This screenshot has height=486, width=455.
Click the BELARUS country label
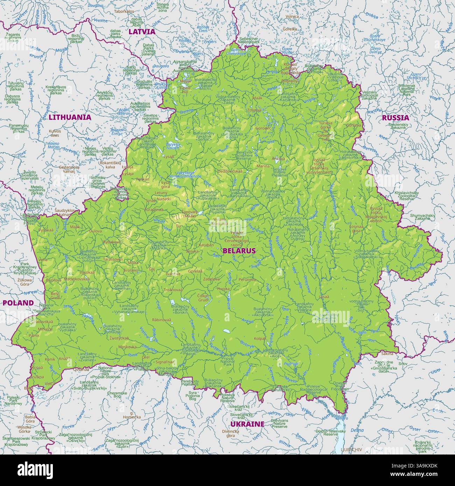tap(239, 251)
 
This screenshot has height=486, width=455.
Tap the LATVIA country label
tap(141, 31)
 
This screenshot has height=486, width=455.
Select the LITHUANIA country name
tap(70, 117)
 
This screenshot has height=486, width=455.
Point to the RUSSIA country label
tap(395, 117)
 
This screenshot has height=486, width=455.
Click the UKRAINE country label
tap(247, 424)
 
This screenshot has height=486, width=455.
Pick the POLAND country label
tap(18, 303)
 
